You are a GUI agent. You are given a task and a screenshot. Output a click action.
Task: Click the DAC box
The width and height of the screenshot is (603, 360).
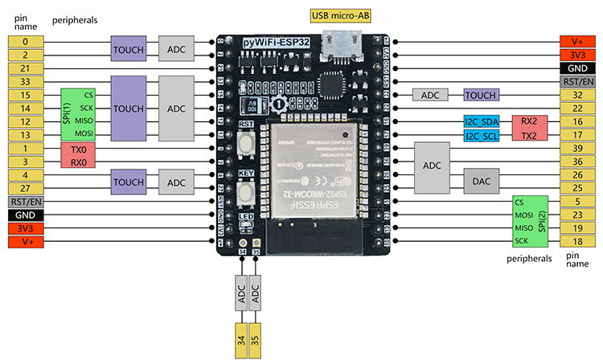[481, 182]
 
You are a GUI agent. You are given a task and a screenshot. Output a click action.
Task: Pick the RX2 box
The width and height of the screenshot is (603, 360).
[529, 122]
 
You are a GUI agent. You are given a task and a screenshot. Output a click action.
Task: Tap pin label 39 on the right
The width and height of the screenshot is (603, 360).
[577, 149]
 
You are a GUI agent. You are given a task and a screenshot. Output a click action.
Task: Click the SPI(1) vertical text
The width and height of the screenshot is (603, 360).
[68, 114]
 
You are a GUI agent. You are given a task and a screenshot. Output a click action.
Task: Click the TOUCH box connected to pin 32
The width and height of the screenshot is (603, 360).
[481, 95]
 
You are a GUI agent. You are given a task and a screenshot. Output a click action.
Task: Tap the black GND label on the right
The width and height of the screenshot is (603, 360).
[577, 68]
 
